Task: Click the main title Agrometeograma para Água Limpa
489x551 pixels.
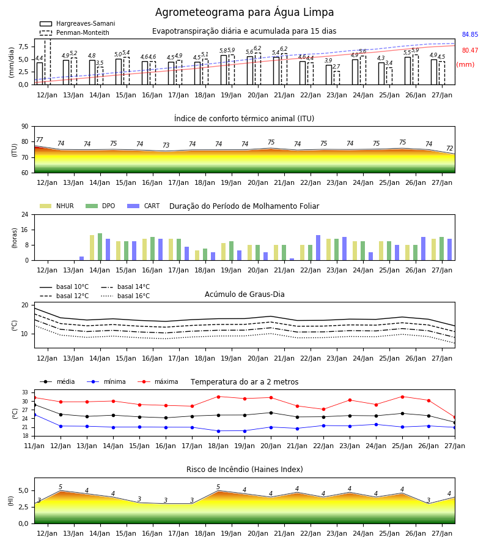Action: [x=244, y=12]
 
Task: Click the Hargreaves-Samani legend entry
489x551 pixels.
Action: [x=77, y=23]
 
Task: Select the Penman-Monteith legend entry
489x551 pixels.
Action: [x=75, y=32]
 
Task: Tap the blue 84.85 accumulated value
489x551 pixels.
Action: [x=470, y=34]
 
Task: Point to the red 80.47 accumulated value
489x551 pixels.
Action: [x=470, y=50]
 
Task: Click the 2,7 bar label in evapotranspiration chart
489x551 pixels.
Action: [x=336, y=66]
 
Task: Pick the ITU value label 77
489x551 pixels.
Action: [x=40, y=140]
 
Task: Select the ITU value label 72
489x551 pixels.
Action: [x=450, y=148]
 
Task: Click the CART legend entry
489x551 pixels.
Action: [x=144, y=206]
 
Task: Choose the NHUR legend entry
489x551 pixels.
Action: [x=57, y=206]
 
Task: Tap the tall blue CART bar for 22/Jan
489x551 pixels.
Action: [x=318, y=248]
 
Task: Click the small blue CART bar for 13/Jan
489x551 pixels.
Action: [x=82, y=258]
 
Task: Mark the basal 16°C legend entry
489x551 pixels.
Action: [x=125, y=296]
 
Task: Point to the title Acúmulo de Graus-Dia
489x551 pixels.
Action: [x=244, y=294]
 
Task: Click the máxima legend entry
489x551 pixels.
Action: [x=158, y=381]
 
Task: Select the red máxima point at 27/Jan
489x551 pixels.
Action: [x=455, y=418]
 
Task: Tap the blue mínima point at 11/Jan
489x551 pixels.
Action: [x=34, y=414]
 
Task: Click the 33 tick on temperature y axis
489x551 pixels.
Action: [x=25, y=392]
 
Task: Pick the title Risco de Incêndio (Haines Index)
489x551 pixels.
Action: [x=244, y=470]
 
